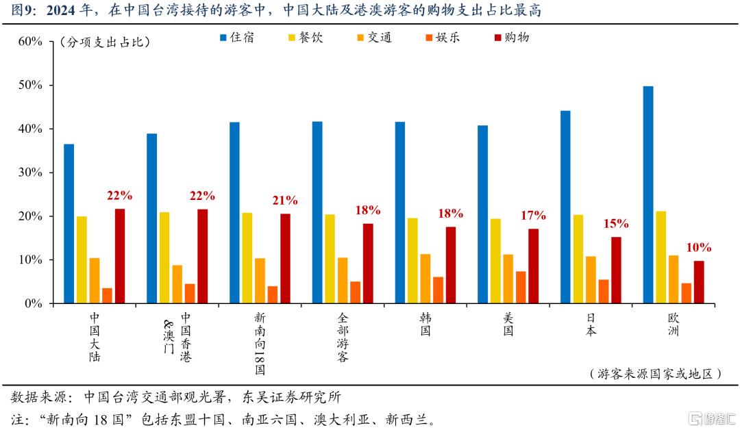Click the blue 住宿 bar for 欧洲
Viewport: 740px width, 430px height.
coord(648,195)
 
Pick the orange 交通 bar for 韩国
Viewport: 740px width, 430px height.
coord(425,279)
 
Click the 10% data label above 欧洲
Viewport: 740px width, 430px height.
coord(699,248)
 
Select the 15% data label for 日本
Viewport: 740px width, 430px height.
coord(616,224)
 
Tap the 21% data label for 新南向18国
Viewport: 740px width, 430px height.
coord(285,201)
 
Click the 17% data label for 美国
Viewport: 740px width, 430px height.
coord(533,216)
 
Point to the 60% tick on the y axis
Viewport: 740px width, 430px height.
coord(30,42)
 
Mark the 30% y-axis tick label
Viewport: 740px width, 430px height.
coord(30,173)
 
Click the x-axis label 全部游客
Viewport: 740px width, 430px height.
coord(343,338)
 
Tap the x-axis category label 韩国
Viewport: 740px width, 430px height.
coord(425,324)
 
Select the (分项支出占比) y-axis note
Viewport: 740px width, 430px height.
coord(105,42)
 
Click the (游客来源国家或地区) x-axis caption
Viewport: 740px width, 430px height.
coord(655,374)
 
